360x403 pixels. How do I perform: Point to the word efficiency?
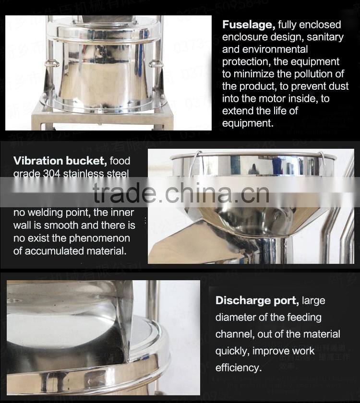tap(238, 368)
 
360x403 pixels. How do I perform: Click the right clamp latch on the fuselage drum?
tap(154, 63)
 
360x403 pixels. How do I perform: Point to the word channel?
tap(234, 334)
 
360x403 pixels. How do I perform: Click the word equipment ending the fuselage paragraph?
tap(247, 123)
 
